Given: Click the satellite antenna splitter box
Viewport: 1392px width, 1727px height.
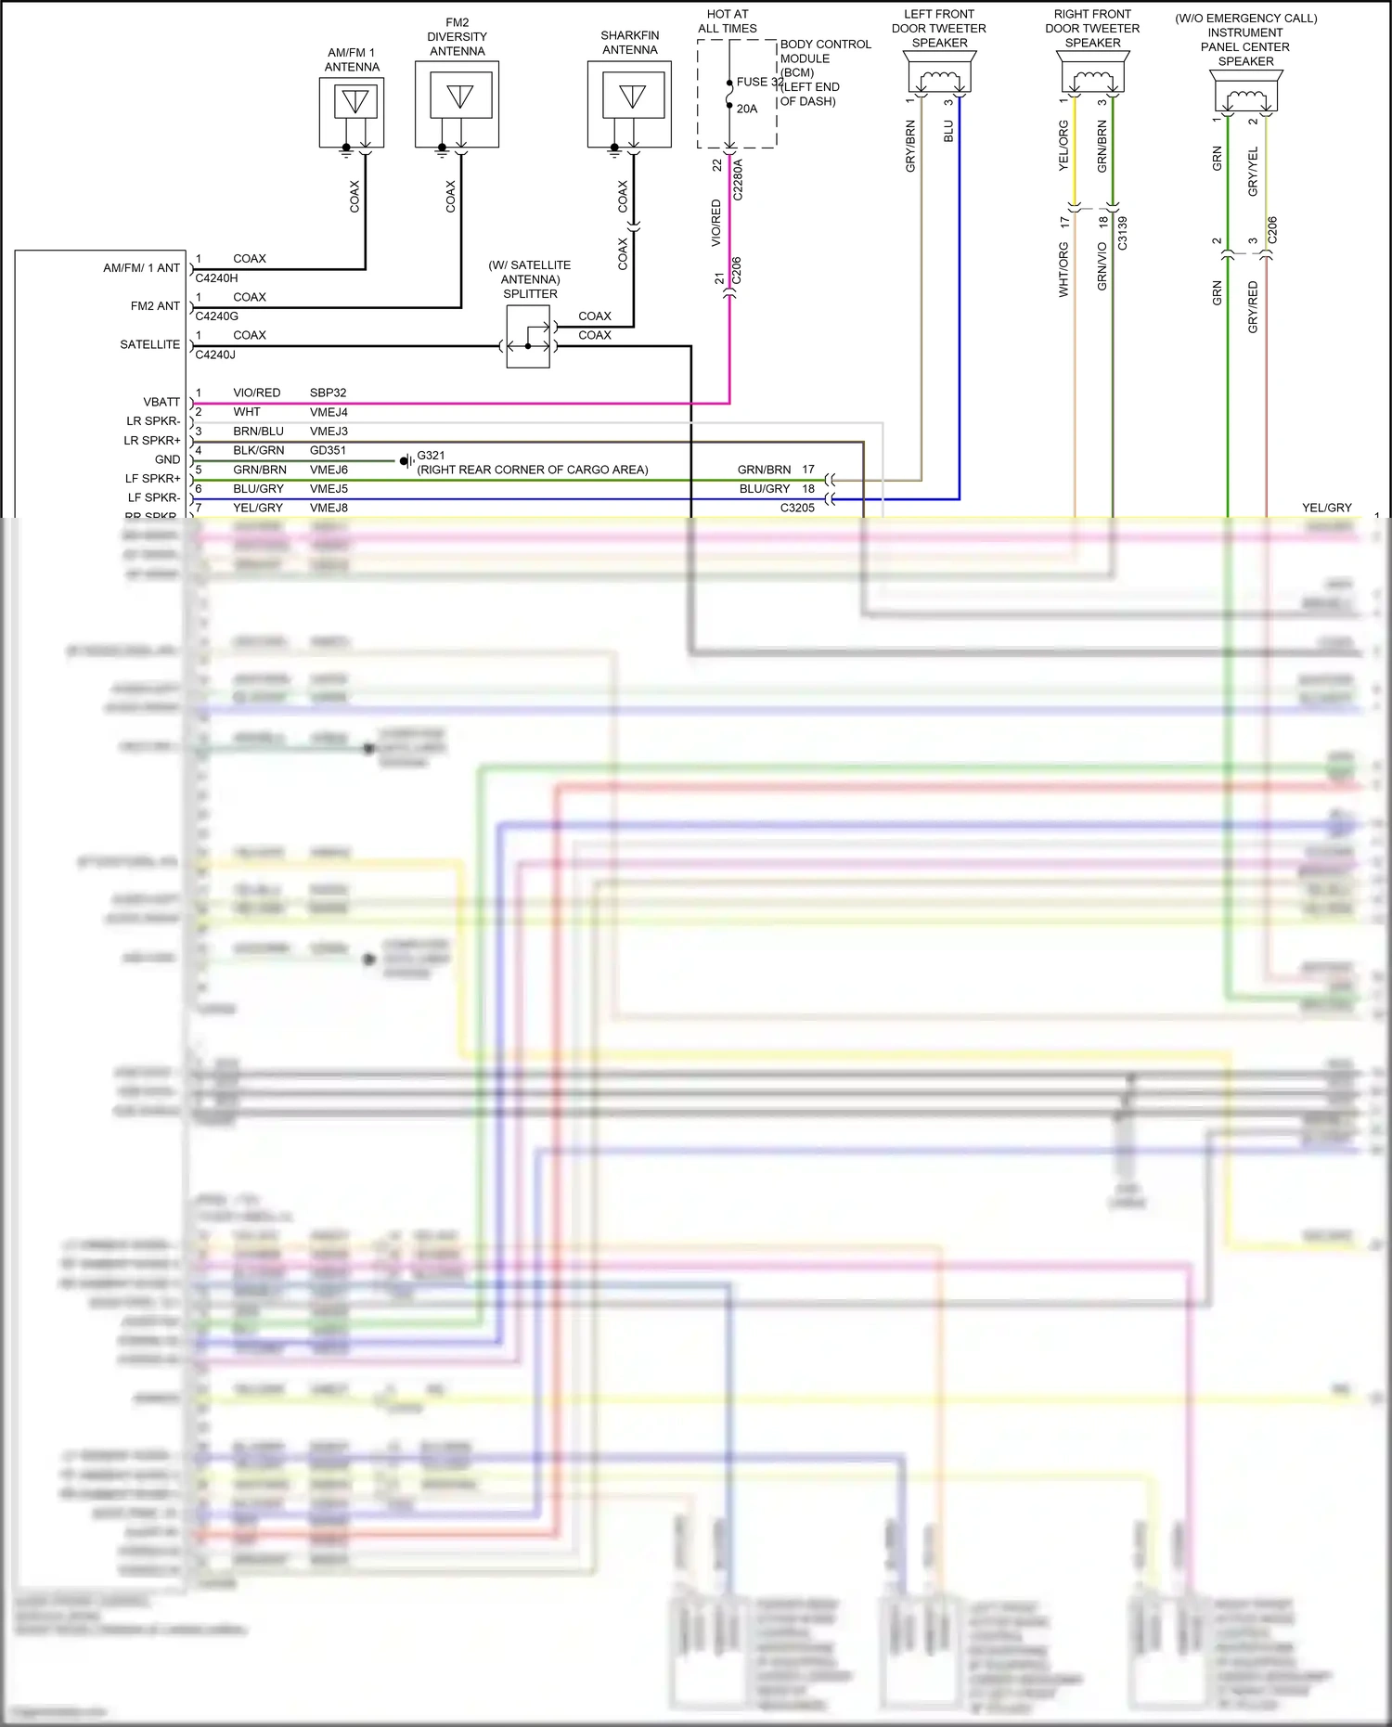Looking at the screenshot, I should (x=528, y=337).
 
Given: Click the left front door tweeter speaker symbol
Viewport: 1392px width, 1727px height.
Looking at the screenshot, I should (x=939, y=72).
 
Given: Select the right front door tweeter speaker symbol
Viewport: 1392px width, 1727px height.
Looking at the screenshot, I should (x=1093, y=72).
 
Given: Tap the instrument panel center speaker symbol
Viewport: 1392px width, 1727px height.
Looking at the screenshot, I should (x=1246, y=91).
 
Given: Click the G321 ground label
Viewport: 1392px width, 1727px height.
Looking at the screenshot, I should (x=431, y=456).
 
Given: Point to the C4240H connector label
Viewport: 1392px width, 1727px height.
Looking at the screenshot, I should (x=216, y=277).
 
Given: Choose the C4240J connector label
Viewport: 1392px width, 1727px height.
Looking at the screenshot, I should (x=215, y=354).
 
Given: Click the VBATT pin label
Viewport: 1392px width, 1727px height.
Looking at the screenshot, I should (x=161, y=402).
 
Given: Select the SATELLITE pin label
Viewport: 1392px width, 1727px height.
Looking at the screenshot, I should (x=150, y=344).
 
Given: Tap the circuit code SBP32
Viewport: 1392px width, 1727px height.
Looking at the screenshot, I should (x=328, y=393).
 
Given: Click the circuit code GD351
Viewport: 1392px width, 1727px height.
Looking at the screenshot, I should (x=328, y=450).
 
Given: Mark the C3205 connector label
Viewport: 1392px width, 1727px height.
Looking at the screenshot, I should (x=797, y=508).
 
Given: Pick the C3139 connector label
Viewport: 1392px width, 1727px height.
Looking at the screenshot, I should (x=1122, y=233).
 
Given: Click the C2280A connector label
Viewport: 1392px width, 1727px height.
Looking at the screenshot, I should (x=739, y=180).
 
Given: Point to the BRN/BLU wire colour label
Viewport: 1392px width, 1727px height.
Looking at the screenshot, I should (x=258, y=432).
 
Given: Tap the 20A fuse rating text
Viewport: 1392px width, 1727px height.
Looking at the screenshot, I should (x=747, y=109).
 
